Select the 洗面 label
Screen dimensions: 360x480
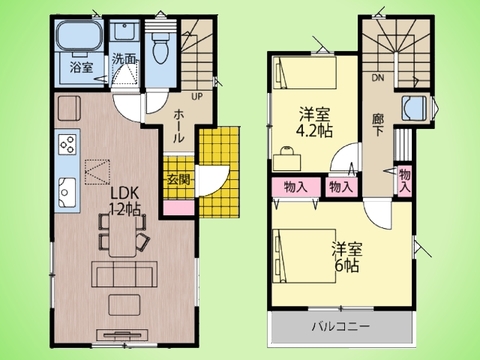coord(124,59)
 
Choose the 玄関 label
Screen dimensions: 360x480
coord(176,178)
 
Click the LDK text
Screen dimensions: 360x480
coord(123,192)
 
